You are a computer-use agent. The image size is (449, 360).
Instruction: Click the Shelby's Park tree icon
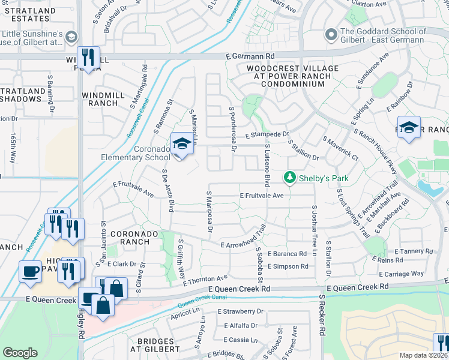(x=290, y=178)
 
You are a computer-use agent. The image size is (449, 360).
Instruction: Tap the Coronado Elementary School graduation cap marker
(x=181, y=144)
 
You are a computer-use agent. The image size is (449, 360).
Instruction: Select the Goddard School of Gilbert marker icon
(x=331, y=35)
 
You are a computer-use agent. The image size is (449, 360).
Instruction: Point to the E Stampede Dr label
(x=267, y=134)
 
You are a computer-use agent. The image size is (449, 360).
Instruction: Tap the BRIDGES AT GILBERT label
(x=151, y=344)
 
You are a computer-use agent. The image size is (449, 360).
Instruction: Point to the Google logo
(x=20, y=353)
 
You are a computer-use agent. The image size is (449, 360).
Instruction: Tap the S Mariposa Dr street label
(x=209, y=212)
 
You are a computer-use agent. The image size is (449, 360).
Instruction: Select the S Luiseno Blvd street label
(x=267, y=165)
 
